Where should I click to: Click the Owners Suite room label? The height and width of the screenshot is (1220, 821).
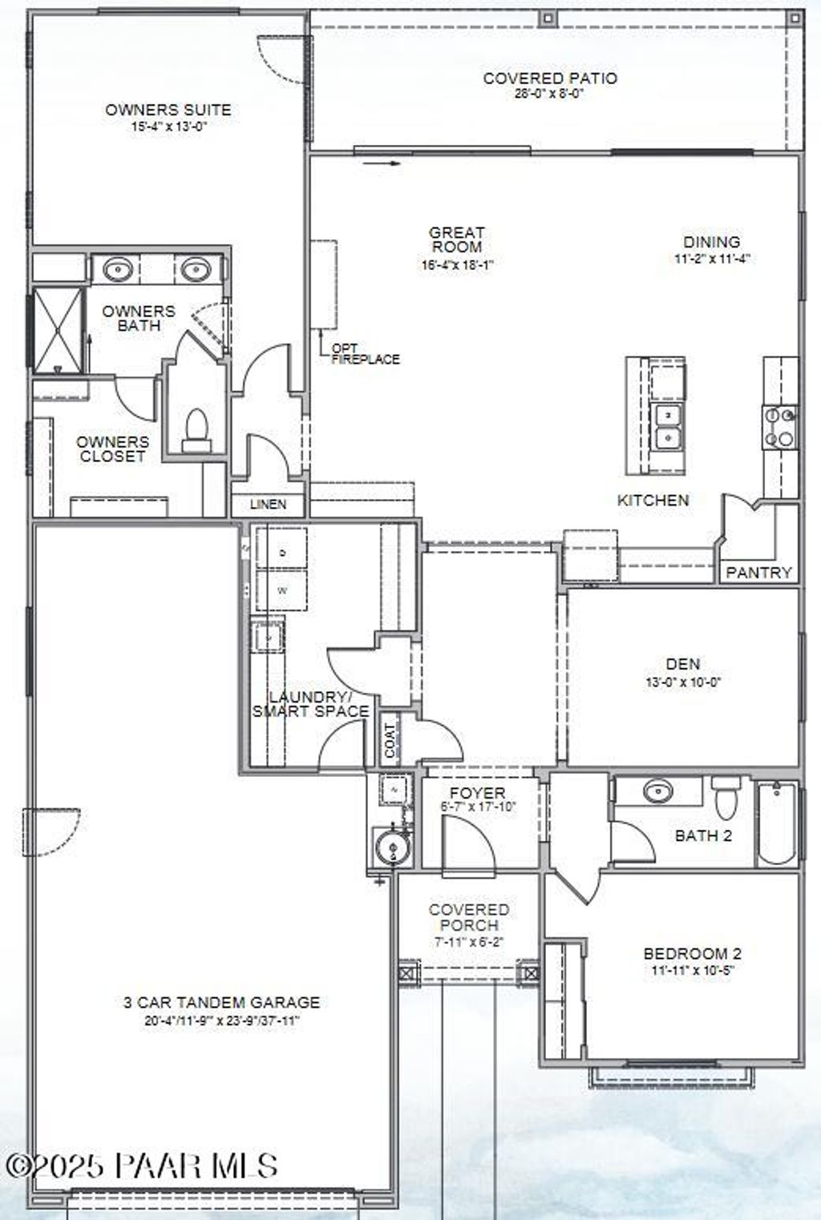(x=168, y=110)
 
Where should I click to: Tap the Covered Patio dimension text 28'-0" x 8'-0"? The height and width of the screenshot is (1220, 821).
(x=549, y=93)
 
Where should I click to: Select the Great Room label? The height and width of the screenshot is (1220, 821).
(x=457, y=240)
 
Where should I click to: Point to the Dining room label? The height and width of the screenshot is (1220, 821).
(x=711, y=242)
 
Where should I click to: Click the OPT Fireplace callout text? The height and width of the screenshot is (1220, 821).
(x=365, y=354)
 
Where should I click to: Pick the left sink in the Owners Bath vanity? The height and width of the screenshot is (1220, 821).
(x=118, y=269)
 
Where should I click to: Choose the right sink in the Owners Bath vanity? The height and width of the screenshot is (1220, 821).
(x=195, y=269)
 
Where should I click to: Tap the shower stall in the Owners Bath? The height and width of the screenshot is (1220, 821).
(x=58, y=330)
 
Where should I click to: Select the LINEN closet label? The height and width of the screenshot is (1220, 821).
(x=268, y=505)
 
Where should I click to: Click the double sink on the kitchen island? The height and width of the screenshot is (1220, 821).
(x=667, y=426)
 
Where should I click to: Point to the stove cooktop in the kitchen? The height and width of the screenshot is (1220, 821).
(x=779, y=428)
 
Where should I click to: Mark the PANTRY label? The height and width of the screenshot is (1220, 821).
(x=758, y=572)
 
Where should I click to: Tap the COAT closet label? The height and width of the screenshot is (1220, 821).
(x=390, y=742)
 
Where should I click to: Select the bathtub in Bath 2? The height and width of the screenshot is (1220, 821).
(x=777, y=823)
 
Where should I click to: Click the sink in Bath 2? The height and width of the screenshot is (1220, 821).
(x=658, y=791)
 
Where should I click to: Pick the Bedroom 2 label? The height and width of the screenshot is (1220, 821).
(x=692, y=953)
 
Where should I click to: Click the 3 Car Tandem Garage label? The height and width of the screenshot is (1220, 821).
(x=221, y=1002)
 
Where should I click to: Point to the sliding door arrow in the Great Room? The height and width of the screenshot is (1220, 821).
(x=381, y=163)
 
